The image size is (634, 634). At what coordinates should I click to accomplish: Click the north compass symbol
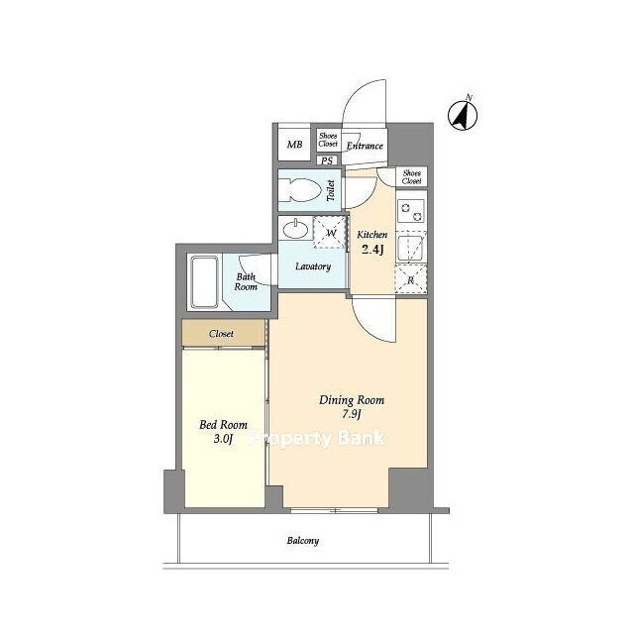463,115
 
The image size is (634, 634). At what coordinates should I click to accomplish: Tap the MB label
294,145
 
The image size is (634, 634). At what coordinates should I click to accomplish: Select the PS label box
327,160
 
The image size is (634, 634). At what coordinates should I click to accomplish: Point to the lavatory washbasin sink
295,229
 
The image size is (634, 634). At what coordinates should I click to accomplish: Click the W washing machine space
330,233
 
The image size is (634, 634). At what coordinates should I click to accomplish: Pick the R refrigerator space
411,279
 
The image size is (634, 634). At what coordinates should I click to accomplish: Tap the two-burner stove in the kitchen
411,212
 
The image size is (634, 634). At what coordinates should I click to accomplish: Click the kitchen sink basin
410,247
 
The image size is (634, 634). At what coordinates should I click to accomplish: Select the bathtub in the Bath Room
205,281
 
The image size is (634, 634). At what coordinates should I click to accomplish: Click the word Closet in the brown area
221,334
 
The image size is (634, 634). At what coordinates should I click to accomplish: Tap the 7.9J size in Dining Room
352,414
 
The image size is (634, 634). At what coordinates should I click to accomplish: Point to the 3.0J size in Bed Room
223,439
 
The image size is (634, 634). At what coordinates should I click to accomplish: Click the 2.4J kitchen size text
372,250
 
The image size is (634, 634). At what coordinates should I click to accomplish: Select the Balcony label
303,541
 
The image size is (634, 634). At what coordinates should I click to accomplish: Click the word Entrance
365,146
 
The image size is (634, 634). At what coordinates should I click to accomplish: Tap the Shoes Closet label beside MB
328,140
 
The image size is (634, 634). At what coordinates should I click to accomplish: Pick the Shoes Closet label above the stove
412,177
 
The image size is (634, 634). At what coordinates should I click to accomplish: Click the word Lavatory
313,266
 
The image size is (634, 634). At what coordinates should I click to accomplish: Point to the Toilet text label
331,190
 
